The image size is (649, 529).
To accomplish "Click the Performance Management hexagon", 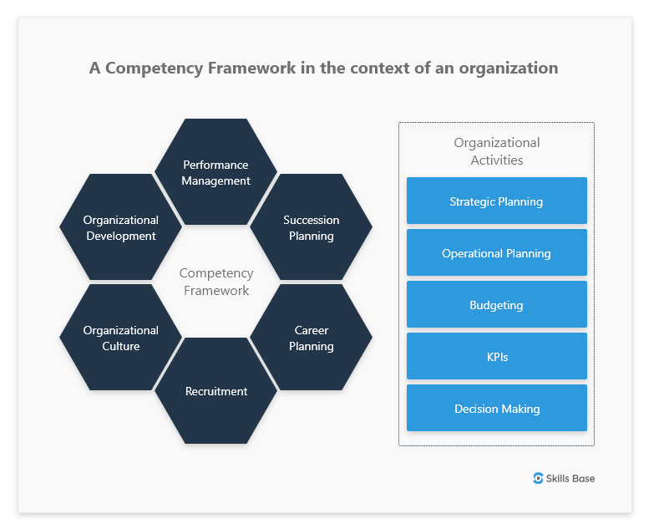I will (x=216, y=172).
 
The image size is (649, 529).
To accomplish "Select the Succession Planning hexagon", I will (x=312, y=227).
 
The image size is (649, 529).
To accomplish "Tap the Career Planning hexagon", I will (x=312, y=338).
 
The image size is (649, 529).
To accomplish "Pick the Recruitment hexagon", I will (x=216, y=391).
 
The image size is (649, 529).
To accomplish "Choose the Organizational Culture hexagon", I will (x=121, y=338).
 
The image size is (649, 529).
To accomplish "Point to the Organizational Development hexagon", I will (x=121, y=227).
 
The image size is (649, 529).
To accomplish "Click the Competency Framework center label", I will (x=216, y=282).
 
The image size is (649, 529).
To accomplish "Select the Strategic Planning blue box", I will (x=496, y=201).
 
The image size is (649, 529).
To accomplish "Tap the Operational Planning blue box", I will (x=496, y=253).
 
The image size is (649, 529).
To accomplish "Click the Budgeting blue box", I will (x=496, y=305).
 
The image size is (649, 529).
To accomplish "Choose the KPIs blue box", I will (x=496, y=357).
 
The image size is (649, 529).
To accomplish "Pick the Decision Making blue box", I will (x=496, y=409).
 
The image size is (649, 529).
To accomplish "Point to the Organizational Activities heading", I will (x=496, y=151).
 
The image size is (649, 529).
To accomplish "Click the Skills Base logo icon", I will (x=538, y=478).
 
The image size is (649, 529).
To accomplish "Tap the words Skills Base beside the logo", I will (x=570, y=478).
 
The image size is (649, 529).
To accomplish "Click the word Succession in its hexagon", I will (x=312, y=220).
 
